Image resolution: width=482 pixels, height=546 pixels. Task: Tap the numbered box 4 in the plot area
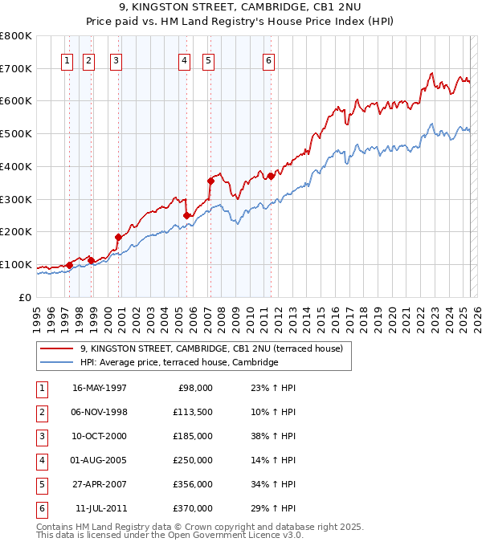185,59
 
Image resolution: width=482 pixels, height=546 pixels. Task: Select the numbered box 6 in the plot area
268,59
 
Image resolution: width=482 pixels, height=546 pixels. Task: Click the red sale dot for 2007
210,181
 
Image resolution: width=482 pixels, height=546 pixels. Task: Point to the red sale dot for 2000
118,237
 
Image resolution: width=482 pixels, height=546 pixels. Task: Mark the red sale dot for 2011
271,176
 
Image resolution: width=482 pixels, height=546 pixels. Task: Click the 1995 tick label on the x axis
37,317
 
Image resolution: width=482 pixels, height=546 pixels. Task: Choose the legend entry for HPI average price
178,363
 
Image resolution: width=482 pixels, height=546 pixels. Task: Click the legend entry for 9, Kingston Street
211,348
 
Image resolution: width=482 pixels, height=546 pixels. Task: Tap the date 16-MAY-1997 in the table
100,388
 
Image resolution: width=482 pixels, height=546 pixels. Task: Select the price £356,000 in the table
193,484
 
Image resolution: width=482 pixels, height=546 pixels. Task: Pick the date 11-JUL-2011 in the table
101,508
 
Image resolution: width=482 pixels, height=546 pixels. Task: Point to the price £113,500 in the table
193,412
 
